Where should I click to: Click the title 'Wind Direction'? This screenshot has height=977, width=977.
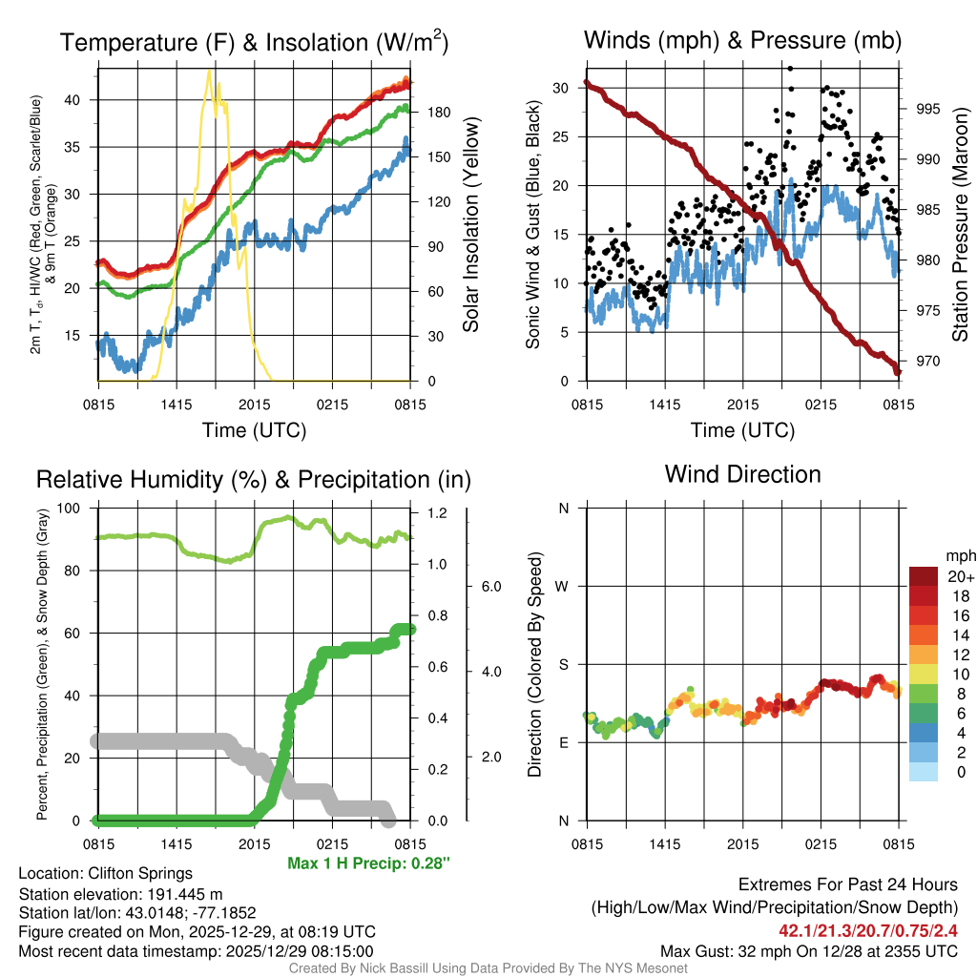tap(742, 474)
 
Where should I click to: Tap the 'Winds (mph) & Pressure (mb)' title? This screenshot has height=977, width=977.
tap(742, 40)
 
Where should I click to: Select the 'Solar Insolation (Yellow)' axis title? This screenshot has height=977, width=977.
tap(470, 225)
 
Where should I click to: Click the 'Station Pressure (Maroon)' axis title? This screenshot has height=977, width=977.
tap(961, 225)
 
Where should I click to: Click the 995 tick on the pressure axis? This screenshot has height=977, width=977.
tap(927, 109)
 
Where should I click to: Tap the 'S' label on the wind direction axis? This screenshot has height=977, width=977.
tap(564, 664)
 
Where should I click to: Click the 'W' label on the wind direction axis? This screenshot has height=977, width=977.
tap(564, 586)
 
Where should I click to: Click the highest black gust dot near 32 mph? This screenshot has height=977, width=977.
tap(790, 68)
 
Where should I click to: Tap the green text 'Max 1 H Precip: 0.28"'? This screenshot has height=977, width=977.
tap(368, 863)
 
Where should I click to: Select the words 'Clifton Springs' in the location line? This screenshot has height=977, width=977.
tap(140, 873)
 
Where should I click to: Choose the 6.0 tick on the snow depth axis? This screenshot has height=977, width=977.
tap(489, 586)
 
